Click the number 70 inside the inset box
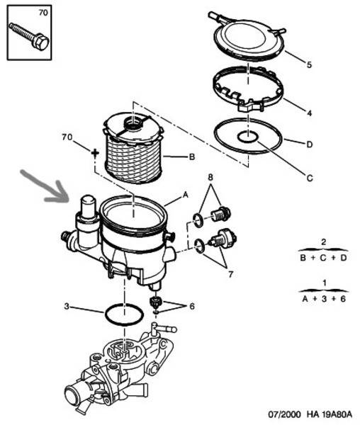click(x=43, y=13)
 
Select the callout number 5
click(x=309, y=64)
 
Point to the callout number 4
click(x=309, y=113)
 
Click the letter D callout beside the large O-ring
click(x=309, y=144)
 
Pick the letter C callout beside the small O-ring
click(x=310, y=178)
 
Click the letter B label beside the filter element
click(x=191, y=157)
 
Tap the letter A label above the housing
click(x=186, y=194)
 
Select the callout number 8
click(x=210, y=177)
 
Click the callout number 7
click(x=230, y=275)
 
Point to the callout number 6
click(x=192, y=307)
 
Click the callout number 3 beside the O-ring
click(x=67, y=306)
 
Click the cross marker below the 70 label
click(x=95, y=153)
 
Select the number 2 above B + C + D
click(x=323, y=242)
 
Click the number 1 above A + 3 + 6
click(x=325, y=283)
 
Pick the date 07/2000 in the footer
click(x=284, y=414)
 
